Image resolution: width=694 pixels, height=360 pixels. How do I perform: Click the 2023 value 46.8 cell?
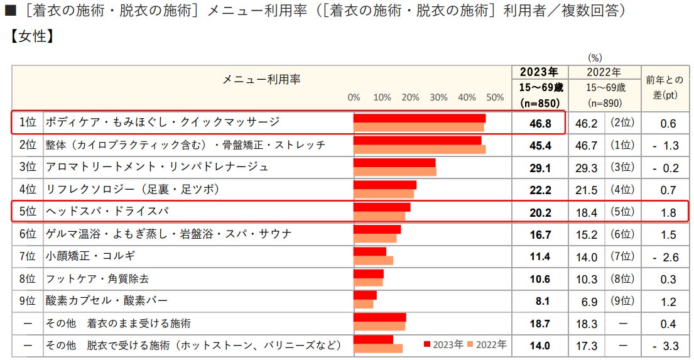(539, 123)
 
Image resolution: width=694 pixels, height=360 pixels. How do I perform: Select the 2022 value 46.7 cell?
(586, 145)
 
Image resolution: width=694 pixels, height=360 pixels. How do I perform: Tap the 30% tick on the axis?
(438, 97)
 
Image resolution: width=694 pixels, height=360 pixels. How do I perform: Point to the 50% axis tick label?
(495, 97)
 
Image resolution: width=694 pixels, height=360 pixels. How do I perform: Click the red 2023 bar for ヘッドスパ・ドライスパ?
(382, 207)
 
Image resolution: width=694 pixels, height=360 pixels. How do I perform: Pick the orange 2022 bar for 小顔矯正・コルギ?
(373, 260)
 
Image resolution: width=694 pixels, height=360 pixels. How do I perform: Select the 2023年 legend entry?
(444, 344)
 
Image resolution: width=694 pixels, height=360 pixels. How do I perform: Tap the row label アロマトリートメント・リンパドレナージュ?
(157, 167)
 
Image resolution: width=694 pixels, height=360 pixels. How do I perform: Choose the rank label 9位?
(28, 301)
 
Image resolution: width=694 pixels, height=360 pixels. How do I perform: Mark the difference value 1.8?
(668, 212)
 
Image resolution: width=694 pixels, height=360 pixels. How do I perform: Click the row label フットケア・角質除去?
(97, 278)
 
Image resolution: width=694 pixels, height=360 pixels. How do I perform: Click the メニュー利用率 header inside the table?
(261, 79)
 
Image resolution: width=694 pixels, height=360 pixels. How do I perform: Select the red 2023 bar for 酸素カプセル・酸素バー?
(365, 295)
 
